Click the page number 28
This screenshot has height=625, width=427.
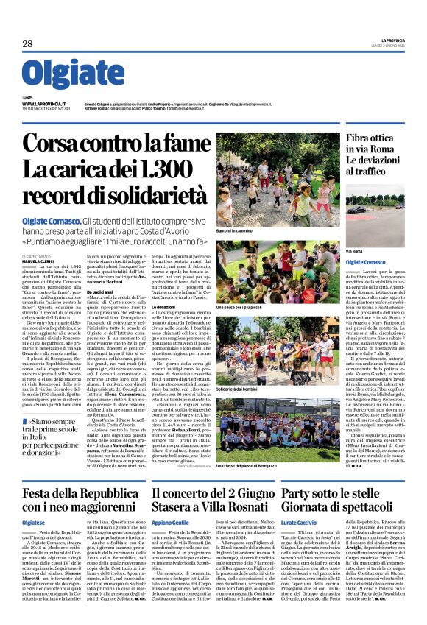27,44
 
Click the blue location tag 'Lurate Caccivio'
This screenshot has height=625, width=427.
300,522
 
